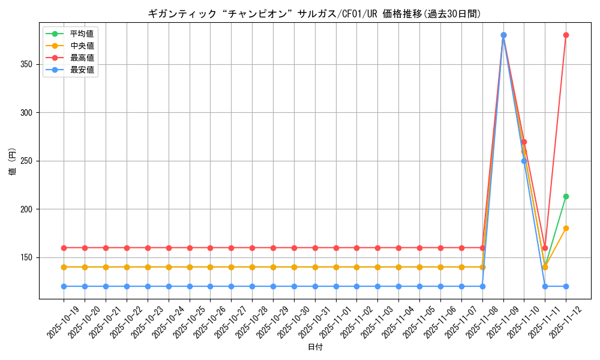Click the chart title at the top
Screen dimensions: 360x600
pyautogui.click(x=314, y=14)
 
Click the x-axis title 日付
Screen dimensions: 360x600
pyautogui.click(x=315, y=347)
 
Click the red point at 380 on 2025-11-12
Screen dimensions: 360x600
pyautogui.click(x=566, y=35)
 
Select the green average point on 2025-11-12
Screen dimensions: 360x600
pyautogui.click(x=566, y=196)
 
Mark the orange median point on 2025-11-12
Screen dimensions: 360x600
pyautogui.click(x=566, y=228)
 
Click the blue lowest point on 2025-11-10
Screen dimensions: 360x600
pyautogui.click(x=524, y=161)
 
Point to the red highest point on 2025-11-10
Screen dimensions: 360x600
pyautogui.click(x=524, y=142)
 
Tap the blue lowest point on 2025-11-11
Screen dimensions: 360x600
pyautogui.click(x=545, y=286)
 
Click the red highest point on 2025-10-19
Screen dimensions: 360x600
pyautogui.click(x=64, y=248)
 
